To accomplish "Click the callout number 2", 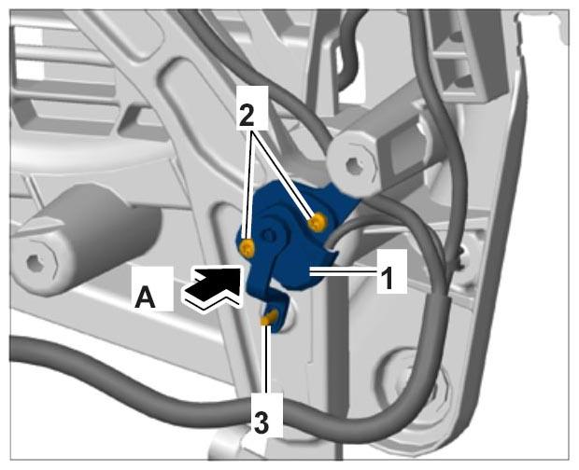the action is (x=247, y=115).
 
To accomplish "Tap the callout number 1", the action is (x=388, y=278).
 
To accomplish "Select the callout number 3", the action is (x=261, y=422).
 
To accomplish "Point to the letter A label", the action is (x=145, y=297).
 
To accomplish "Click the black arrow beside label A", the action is (x=213, y=284).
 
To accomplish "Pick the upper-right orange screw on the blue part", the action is (x=317, y=222).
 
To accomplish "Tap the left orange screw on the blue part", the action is (x=247, y=248).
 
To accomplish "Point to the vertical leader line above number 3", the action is (x=265, y=358).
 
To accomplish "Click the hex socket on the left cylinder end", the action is (x=36, y=264).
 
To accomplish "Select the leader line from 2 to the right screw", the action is (x=283, y=173).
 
